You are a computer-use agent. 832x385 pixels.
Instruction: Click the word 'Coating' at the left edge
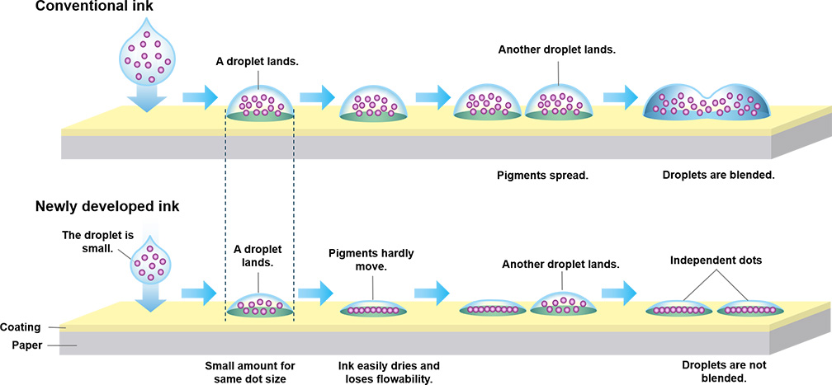[21, 326]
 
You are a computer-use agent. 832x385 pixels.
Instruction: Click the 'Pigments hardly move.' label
[371, 260]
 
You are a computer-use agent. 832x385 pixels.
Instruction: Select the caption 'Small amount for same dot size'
[249, 372]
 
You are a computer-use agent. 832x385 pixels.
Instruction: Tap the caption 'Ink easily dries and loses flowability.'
[389, 372]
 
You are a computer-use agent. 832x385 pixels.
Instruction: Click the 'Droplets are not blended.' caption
[714, 372]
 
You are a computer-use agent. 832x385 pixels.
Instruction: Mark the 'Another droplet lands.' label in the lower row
[560, 265]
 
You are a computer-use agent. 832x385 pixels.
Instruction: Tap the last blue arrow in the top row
[621, 96]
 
